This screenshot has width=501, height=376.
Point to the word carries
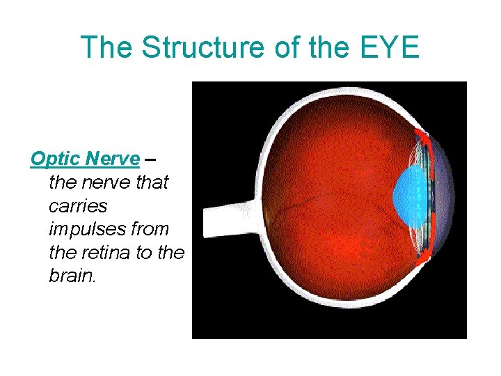pos(78,205)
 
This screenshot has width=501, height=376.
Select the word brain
pos(72,275)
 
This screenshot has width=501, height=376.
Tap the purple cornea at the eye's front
pos(443,202)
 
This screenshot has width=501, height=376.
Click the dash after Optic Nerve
pos(150,159)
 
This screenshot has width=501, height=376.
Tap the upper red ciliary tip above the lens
pos(420,136)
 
